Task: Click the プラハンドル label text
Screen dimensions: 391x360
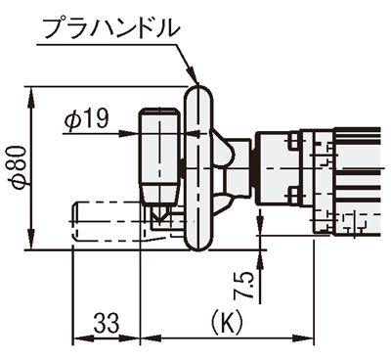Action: (x=111, y=27)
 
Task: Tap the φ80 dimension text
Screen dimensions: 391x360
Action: (x=18, y=167)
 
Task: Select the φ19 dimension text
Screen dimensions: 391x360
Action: (x=86, y=118)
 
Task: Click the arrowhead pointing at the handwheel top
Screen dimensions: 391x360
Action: (x=193, y=75)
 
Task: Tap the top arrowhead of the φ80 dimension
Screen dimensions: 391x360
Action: (x=31, y=97)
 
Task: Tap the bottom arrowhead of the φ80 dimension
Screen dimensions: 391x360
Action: (x=31, y=240)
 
